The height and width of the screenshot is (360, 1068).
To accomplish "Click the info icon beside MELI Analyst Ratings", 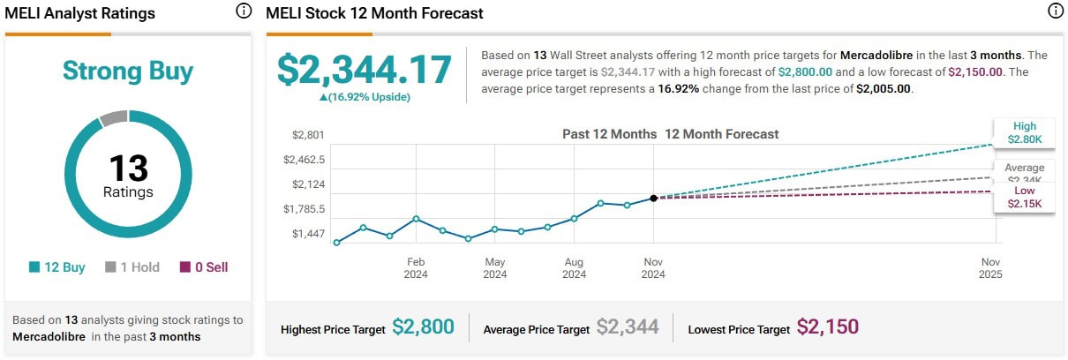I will (244, 12).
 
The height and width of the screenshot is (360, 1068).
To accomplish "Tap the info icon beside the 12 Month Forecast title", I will (1055, 12).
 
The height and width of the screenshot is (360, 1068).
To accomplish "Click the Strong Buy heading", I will (128, 71).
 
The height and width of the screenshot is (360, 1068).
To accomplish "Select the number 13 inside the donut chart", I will (128, 169).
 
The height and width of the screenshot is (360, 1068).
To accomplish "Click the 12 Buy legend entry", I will (57, 266).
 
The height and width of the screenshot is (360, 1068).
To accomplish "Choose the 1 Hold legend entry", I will (132, 266).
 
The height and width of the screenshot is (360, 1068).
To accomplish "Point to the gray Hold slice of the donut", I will (114, 117).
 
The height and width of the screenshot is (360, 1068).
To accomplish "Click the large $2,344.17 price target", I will (364, 70).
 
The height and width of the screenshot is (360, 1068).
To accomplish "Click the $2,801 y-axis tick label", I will (309, 135).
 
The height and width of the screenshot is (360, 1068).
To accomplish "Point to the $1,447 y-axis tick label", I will (309, 234).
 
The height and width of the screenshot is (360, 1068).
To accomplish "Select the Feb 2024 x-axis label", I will (416, 268).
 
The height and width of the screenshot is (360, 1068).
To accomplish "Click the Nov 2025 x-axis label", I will (990, 268).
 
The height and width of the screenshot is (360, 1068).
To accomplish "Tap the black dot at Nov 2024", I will (653, 199).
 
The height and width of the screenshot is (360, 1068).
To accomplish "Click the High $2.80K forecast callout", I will (1024, 132).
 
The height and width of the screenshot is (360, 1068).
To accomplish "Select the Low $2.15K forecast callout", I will (1024, 197).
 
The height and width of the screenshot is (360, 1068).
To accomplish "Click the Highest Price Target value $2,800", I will (423, 327).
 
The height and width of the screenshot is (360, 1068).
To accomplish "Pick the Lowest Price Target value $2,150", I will (827, 327).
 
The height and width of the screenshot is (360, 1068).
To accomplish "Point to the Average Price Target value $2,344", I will (628, 327).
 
